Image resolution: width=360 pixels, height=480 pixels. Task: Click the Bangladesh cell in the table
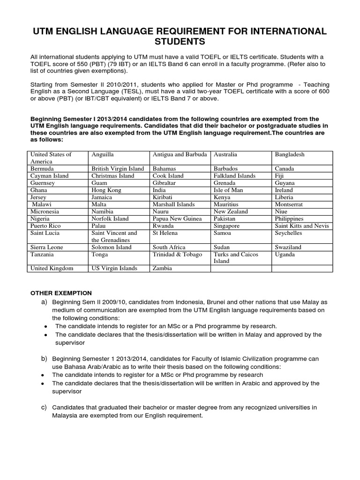[x=289, y=154]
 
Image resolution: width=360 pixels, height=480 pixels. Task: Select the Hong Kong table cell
[x=106, y=190]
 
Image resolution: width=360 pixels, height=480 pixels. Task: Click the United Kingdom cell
[x=52, y=268]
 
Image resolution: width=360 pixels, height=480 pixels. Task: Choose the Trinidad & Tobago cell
[x=177, y=254]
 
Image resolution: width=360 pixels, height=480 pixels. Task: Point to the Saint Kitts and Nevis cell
[x=302, y=225]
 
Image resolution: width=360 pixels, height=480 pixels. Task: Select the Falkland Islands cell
[x=234, y=176]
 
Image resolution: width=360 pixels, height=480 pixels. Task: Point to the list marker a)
[x=45, y=302]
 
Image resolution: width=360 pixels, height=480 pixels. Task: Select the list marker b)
[x=45, y=358]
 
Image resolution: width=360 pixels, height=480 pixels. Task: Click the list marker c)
[x=45, y=406]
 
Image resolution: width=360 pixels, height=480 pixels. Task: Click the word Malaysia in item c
[x=67, y=415]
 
